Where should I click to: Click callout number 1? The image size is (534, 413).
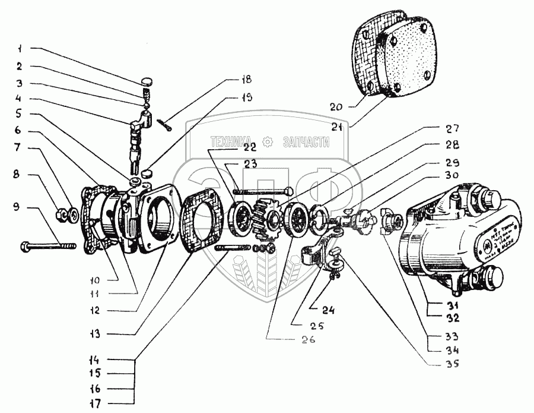pos(19,48)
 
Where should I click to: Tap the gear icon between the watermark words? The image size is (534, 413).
pos(268,141)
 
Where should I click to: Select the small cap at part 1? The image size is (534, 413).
pos(147,81)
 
